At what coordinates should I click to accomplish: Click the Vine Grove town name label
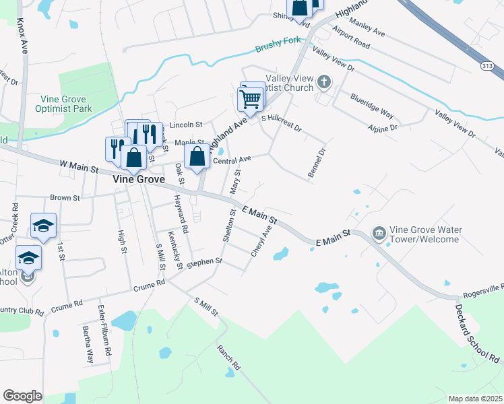point(121,180)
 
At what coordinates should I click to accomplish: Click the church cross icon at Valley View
point(324,83)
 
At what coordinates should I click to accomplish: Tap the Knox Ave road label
point(24,36)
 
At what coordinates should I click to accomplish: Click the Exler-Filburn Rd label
point(104,331)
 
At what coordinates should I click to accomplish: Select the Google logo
point(22,396)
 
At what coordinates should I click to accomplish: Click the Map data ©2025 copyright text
point(475,399)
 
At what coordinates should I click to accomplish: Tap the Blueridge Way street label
point(371,106)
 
